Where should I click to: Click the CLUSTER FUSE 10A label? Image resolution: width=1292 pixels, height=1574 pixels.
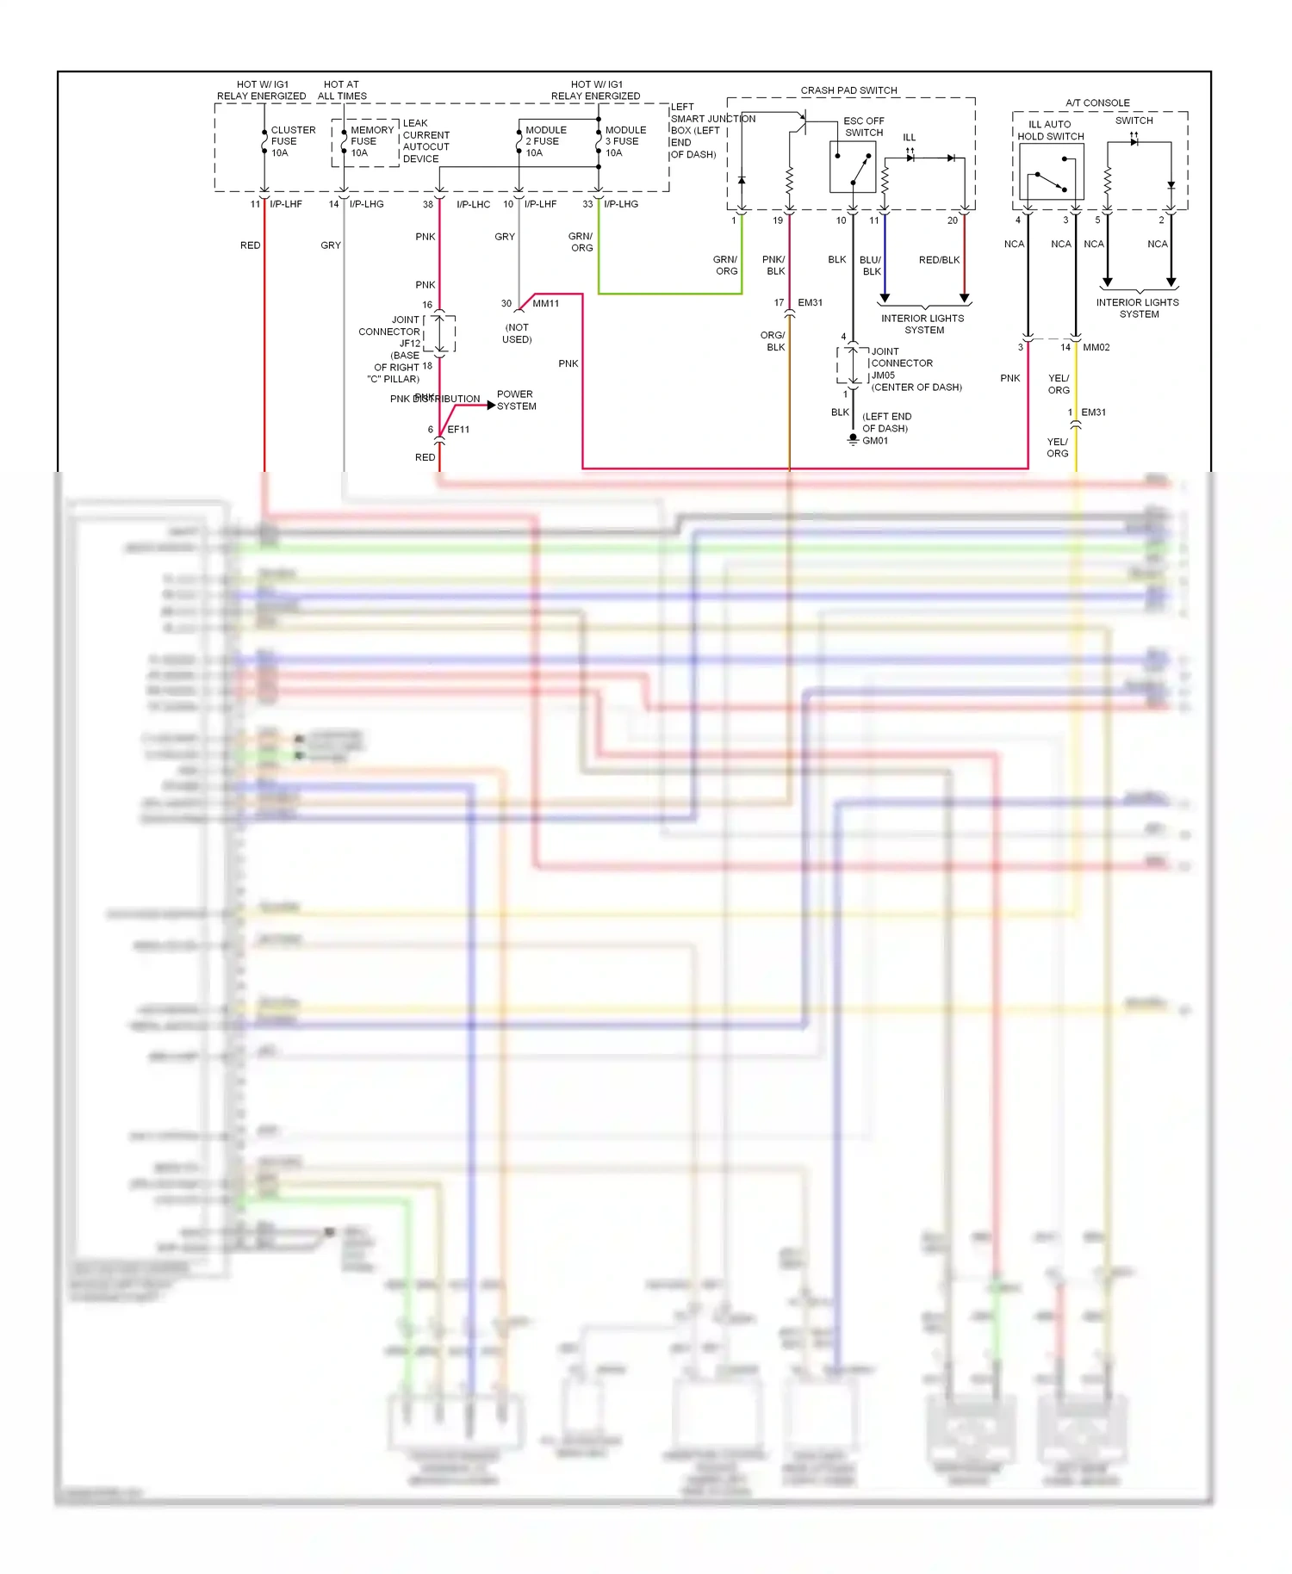(x=292, y=141)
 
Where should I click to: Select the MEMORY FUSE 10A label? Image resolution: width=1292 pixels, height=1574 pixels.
(x=371, y=141)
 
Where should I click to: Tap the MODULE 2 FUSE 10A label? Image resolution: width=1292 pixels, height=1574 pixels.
(x=545, y=141)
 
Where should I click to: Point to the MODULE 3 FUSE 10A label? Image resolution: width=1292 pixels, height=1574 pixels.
(x=624, y=141)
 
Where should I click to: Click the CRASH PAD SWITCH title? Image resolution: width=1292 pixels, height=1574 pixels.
(x=848, y=90)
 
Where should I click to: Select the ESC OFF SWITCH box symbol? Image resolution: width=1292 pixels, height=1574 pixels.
(x=852, y=166)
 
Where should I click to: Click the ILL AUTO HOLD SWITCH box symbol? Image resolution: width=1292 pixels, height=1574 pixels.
(x=1051, y=172)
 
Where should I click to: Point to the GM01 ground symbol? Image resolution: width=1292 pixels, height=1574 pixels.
(x=853, y=439)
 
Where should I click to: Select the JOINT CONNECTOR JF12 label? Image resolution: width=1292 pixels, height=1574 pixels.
(x=393, y=332)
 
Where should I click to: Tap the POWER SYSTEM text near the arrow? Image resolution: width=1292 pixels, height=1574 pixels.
(x=516, y=400)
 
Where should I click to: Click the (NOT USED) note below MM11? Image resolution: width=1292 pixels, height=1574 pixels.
(x=517, y=333)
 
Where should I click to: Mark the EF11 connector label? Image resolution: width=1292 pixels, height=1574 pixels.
(x=458, y=430)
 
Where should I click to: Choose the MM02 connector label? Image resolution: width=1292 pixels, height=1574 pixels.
(x=1096, y=348)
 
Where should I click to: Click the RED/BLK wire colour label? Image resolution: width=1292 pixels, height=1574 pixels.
(x=939, y=260)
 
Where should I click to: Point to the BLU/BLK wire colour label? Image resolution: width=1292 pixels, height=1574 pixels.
(x=871, y=265)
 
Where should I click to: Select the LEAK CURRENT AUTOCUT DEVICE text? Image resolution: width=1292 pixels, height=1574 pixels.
(x=425, y=141)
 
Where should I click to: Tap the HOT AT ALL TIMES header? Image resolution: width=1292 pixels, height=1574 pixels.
(x=342, y=90)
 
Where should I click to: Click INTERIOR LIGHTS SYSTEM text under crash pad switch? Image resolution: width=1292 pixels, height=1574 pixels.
(x=923, y=324)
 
